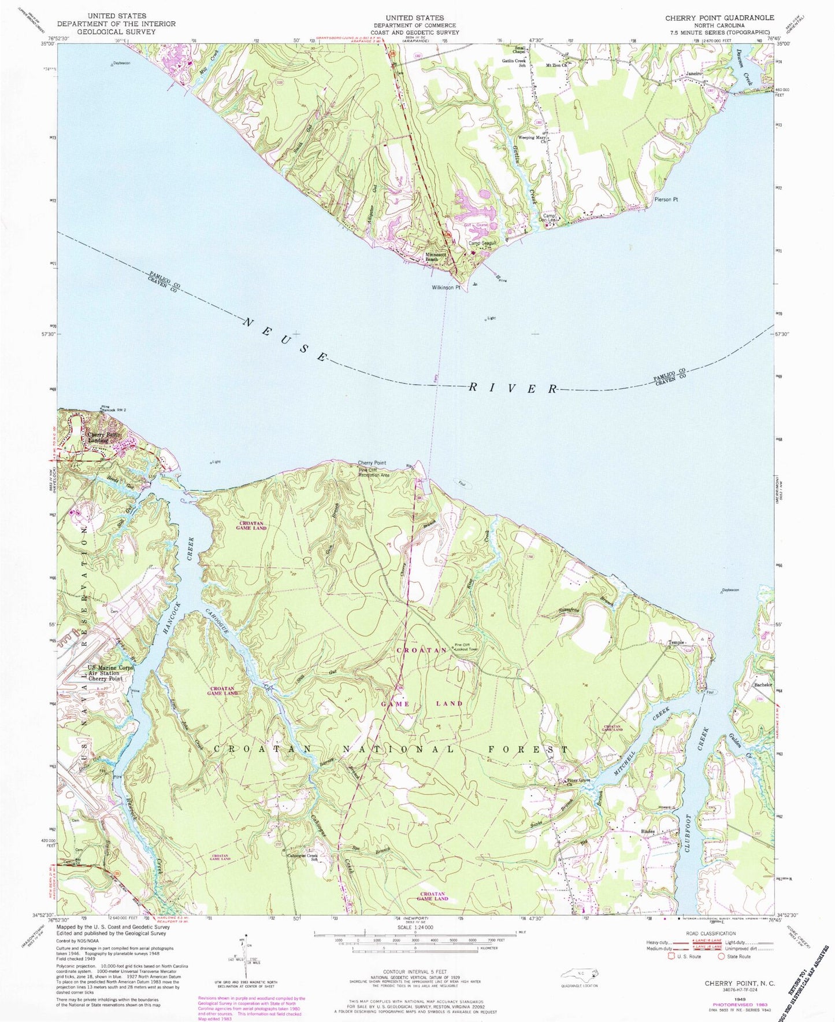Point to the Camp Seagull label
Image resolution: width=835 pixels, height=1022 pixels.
pos(483,243)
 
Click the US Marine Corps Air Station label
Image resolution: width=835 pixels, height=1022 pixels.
pos(110,673)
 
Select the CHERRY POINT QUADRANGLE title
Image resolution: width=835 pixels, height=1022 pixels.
pos(718,19)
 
